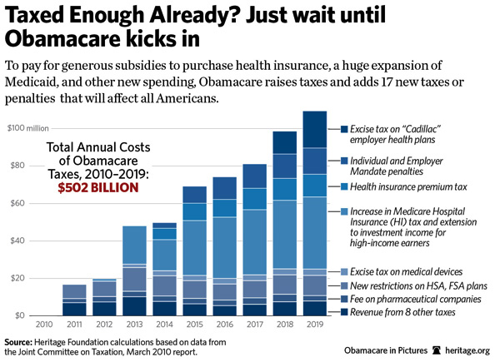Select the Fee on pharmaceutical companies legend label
click(x=414, y=298)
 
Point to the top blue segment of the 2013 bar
click(x=135, y=245)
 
